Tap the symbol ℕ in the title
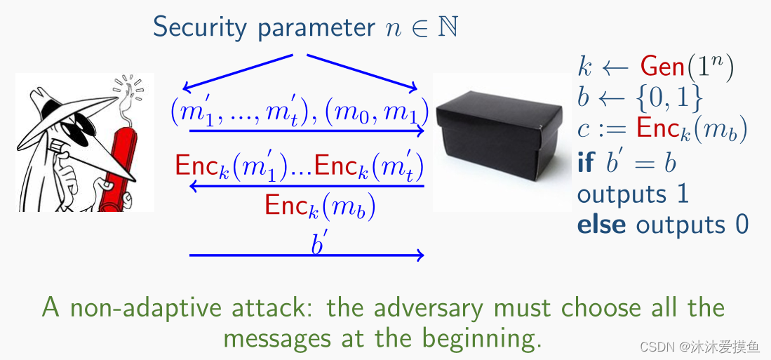coord(448,27)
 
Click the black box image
coord(501,140)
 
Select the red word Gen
coord(662,67)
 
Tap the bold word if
coord(585,162)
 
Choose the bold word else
coord(603,225)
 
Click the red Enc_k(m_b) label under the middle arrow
coord(319,205)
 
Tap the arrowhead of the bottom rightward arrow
coord(420,255)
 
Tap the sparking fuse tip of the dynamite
coord(128,86)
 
